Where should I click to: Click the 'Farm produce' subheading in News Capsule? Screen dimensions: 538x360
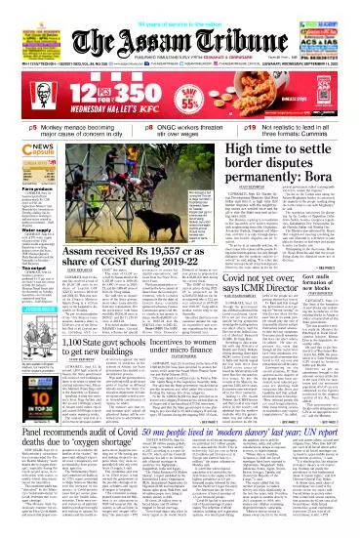20,183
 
